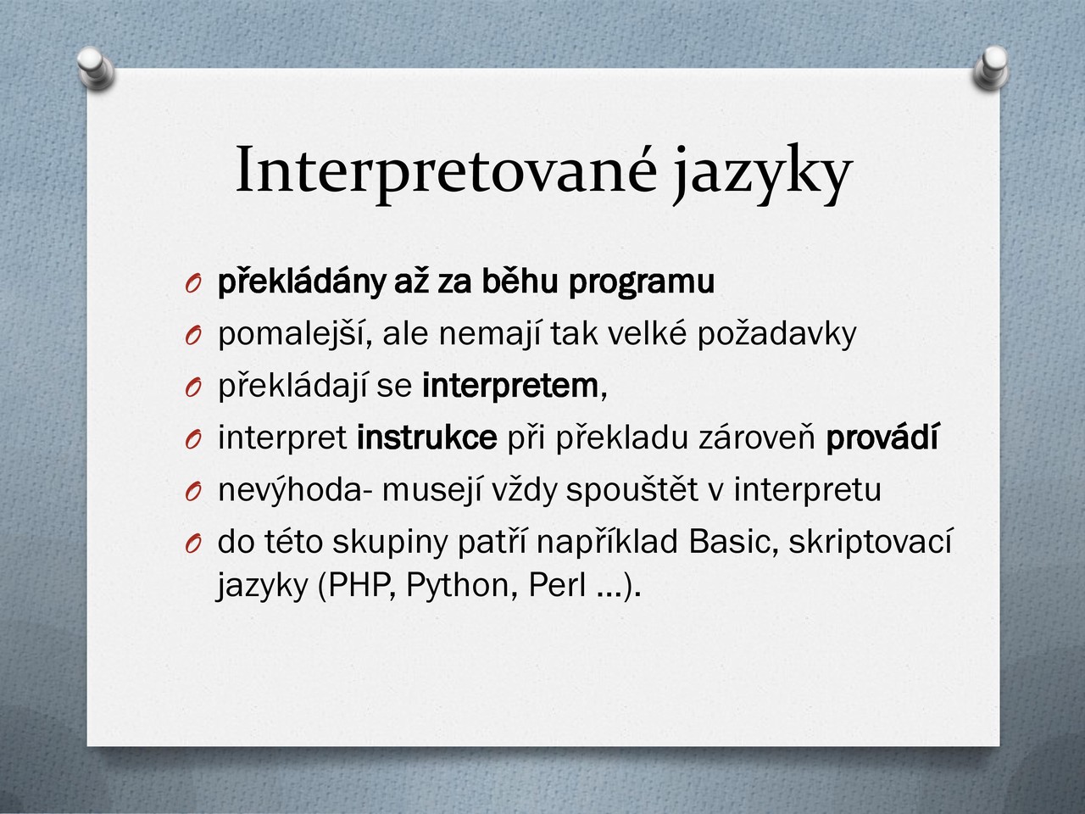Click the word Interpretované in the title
[447, 171]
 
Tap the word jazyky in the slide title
[761, 174]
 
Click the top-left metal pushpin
[96, 67]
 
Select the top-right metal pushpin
[991, 68]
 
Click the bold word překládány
[302, 282]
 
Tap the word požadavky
[776, 335]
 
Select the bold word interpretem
[511, 387]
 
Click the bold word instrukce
[427, 438]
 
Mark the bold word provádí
[882, 438]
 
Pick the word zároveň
[757, 438]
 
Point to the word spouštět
[632, 490]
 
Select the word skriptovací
[870, 543]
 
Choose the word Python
[462, 587]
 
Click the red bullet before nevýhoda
[193, 493]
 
